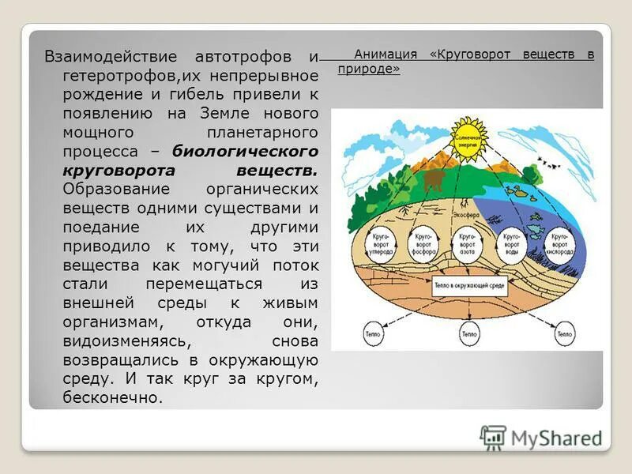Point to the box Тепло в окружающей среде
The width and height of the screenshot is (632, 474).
[468, 291]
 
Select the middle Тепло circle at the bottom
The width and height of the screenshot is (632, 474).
[469, 333]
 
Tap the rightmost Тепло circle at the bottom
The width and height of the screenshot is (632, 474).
[564, 333]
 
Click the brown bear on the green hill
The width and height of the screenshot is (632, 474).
[432, 181]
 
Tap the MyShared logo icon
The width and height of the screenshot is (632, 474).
[492, 438]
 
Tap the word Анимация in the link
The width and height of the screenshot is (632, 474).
[386, 55]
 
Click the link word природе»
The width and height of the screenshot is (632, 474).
[369, 69]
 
